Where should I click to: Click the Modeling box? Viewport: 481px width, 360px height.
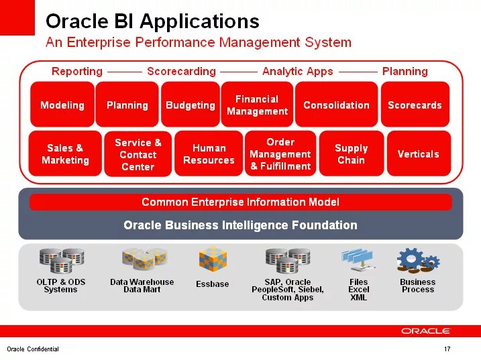coord(62,105)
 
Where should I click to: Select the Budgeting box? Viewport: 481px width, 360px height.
coord(191,105)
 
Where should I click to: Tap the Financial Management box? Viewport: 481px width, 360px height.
coord(257,105)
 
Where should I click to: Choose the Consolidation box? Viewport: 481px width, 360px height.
coord(336,105)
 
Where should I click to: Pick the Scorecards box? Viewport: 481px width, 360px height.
coord(415,105)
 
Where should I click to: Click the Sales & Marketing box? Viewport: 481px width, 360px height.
coord(65,154)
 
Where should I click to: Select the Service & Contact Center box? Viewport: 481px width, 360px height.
coord(138,154)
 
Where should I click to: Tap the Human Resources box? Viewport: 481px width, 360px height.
coord(209,154)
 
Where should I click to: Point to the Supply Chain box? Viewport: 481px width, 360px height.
coord(351,154)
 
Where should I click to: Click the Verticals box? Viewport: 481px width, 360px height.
coord(418,154)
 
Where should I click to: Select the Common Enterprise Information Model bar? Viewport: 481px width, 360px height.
coord(240,202)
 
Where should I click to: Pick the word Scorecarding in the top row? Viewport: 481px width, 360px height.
coord(181,71)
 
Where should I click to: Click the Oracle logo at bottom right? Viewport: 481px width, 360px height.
coord(426,331)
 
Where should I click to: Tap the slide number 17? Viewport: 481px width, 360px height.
coord(447,349)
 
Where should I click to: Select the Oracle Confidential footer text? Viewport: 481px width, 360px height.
coord(33,349)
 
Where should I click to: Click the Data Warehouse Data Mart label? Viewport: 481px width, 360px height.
coord(142,286)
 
